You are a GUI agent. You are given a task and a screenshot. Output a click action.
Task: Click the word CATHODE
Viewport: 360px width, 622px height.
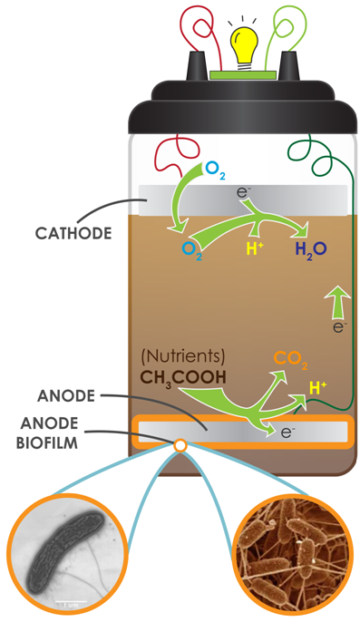click(x=73, y=232)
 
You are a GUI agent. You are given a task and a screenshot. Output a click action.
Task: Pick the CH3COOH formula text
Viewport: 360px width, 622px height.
click(x=184, y=374)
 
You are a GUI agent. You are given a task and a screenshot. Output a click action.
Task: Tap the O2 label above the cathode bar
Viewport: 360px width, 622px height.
click(x=214, y=168)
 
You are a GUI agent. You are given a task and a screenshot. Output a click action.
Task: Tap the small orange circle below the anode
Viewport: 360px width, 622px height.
click(x=180, y=445)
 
